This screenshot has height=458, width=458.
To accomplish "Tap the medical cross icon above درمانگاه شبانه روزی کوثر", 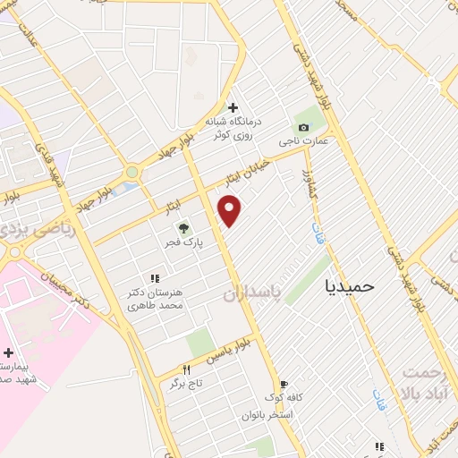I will coord(233,107).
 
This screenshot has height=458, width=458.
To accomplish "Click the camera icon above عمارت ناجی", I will coord(303,128).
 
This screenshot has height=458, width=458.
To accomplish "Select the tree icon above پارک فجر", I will coord(184,228).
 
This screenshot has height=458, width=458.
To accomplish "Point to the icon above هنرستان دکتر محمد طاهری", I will coord(155,279).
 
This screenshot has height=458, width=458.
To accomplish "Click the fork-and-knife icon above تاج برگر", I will coord(186,369).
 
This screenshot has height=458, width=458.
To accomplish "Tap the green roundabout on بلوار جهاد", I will coord(132,172).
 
